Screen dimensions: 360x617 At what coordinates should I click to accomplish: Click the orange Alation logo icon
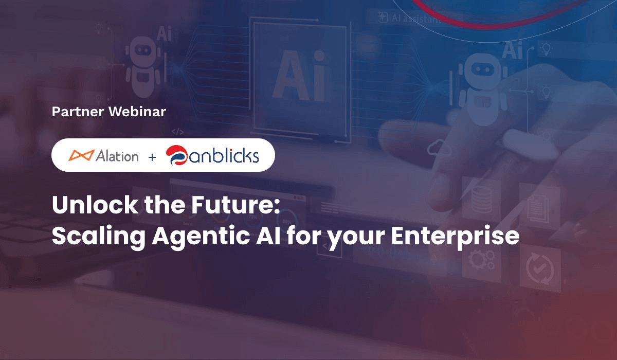81,155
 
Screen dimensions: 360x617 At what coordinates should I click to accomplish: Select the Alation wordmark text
117,155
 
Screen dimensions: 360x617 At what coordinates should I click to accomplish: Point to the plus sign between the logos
152,156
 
